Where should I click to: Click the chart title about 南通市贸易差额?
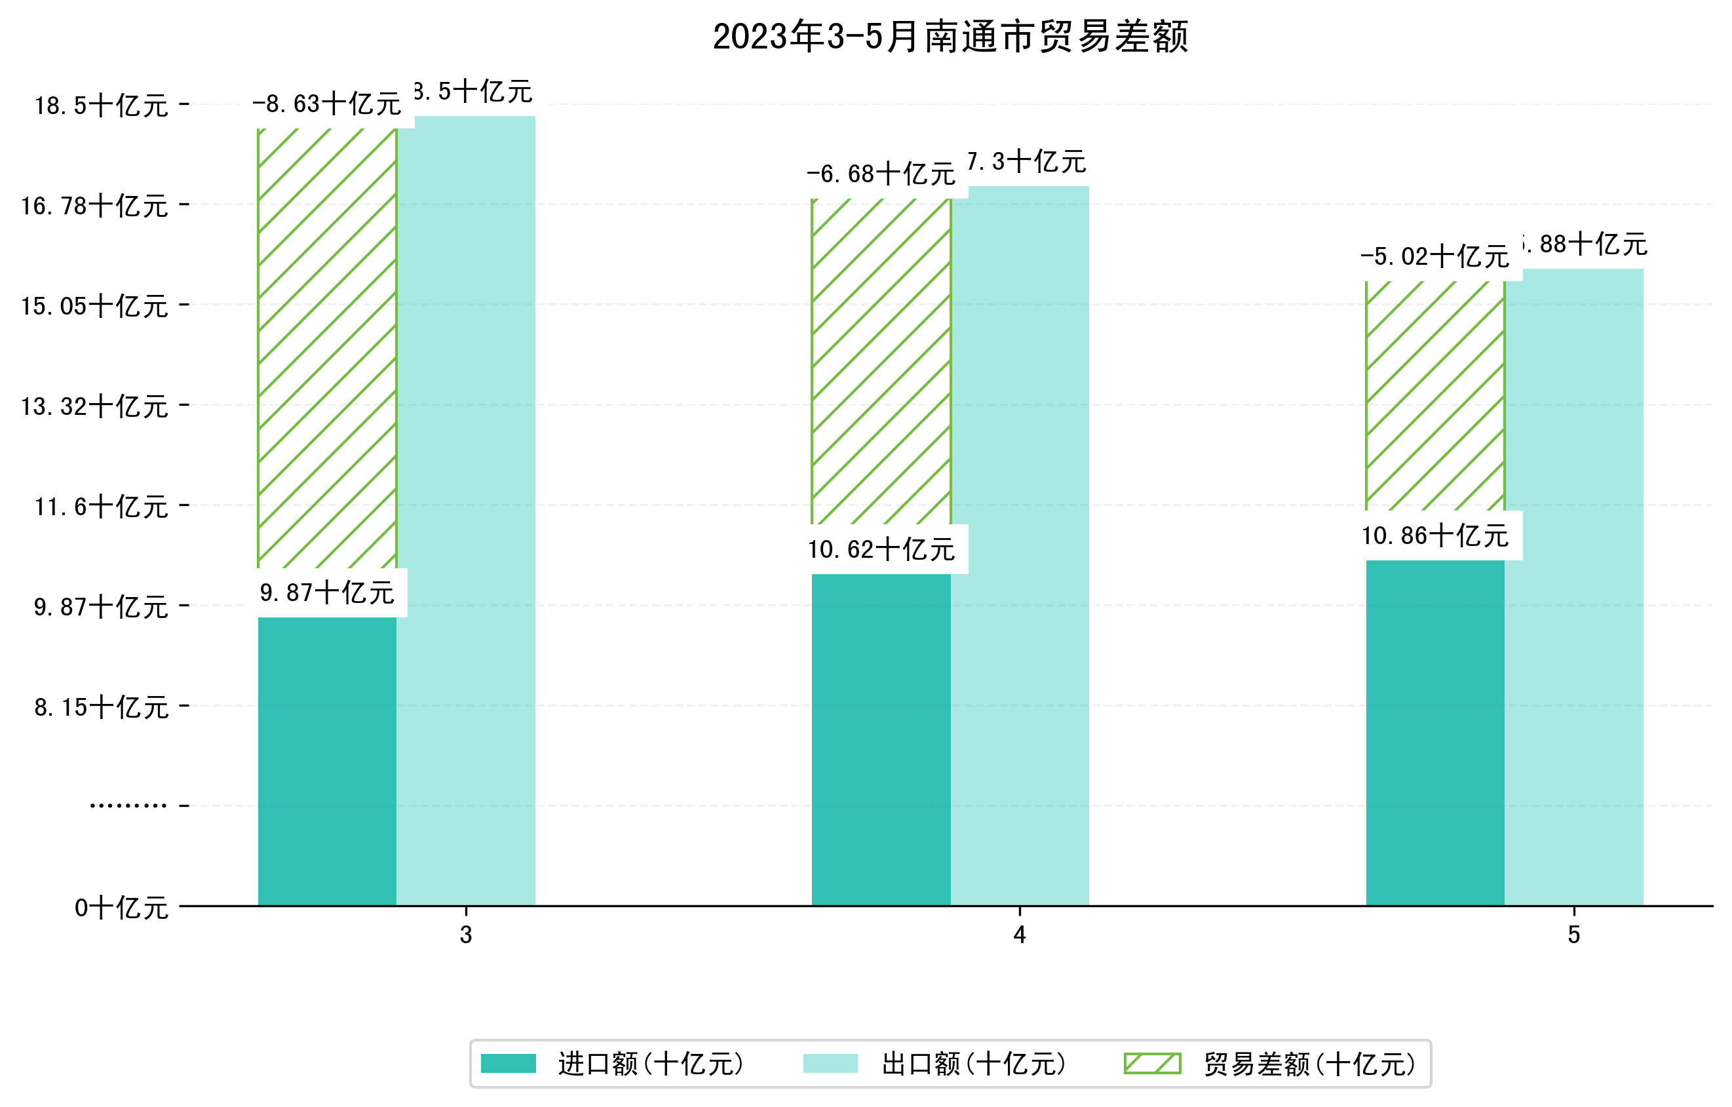click(950, 37)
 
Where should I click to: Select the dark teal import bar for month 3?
click(327, 761)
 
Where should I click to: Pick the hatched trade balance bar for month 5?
click(1435, 396)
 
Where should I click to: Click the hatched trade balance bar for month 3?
click(327, 348)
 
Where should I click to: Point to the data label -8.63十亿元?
click(327, 104)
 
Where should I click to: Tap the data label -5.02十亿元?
click(1435, 257)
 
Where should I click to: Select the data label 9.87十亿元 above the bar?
click(327, 593)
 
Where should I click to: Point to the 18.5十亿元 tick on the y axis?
click(102, 106)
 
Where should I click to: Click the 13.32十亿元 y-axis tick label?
click(94, 407)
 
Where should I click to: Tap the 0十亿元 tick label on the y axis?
click(121, 908)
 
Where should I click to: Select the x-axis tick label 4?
click(1019, 935)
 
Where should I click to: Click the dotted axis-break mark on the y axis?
click(128, 806)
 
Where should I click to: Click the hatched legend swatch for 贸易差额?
click(1152, 1064)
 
